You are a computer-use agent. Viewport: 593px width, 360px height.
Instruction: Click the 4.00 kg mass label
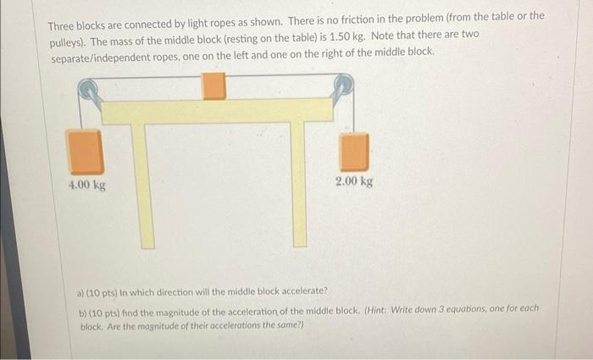(87, 184)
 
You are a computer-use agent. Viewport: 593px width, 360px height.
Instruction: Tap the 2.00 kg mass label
(353, 181)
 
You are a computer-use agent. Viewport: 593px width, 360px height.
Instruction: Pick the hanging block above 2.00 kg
(354, 152)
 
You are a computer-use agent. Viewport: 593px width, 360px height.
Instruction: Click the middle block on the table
(214, 86)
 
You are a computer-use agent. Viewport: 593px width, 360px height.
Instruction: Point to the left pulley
(89, 91)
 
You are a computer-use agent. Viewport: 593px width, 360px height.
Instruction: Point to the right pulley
(343, 86)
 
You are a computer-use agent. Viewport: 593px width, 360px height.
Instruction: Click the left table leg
(147, 186)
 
